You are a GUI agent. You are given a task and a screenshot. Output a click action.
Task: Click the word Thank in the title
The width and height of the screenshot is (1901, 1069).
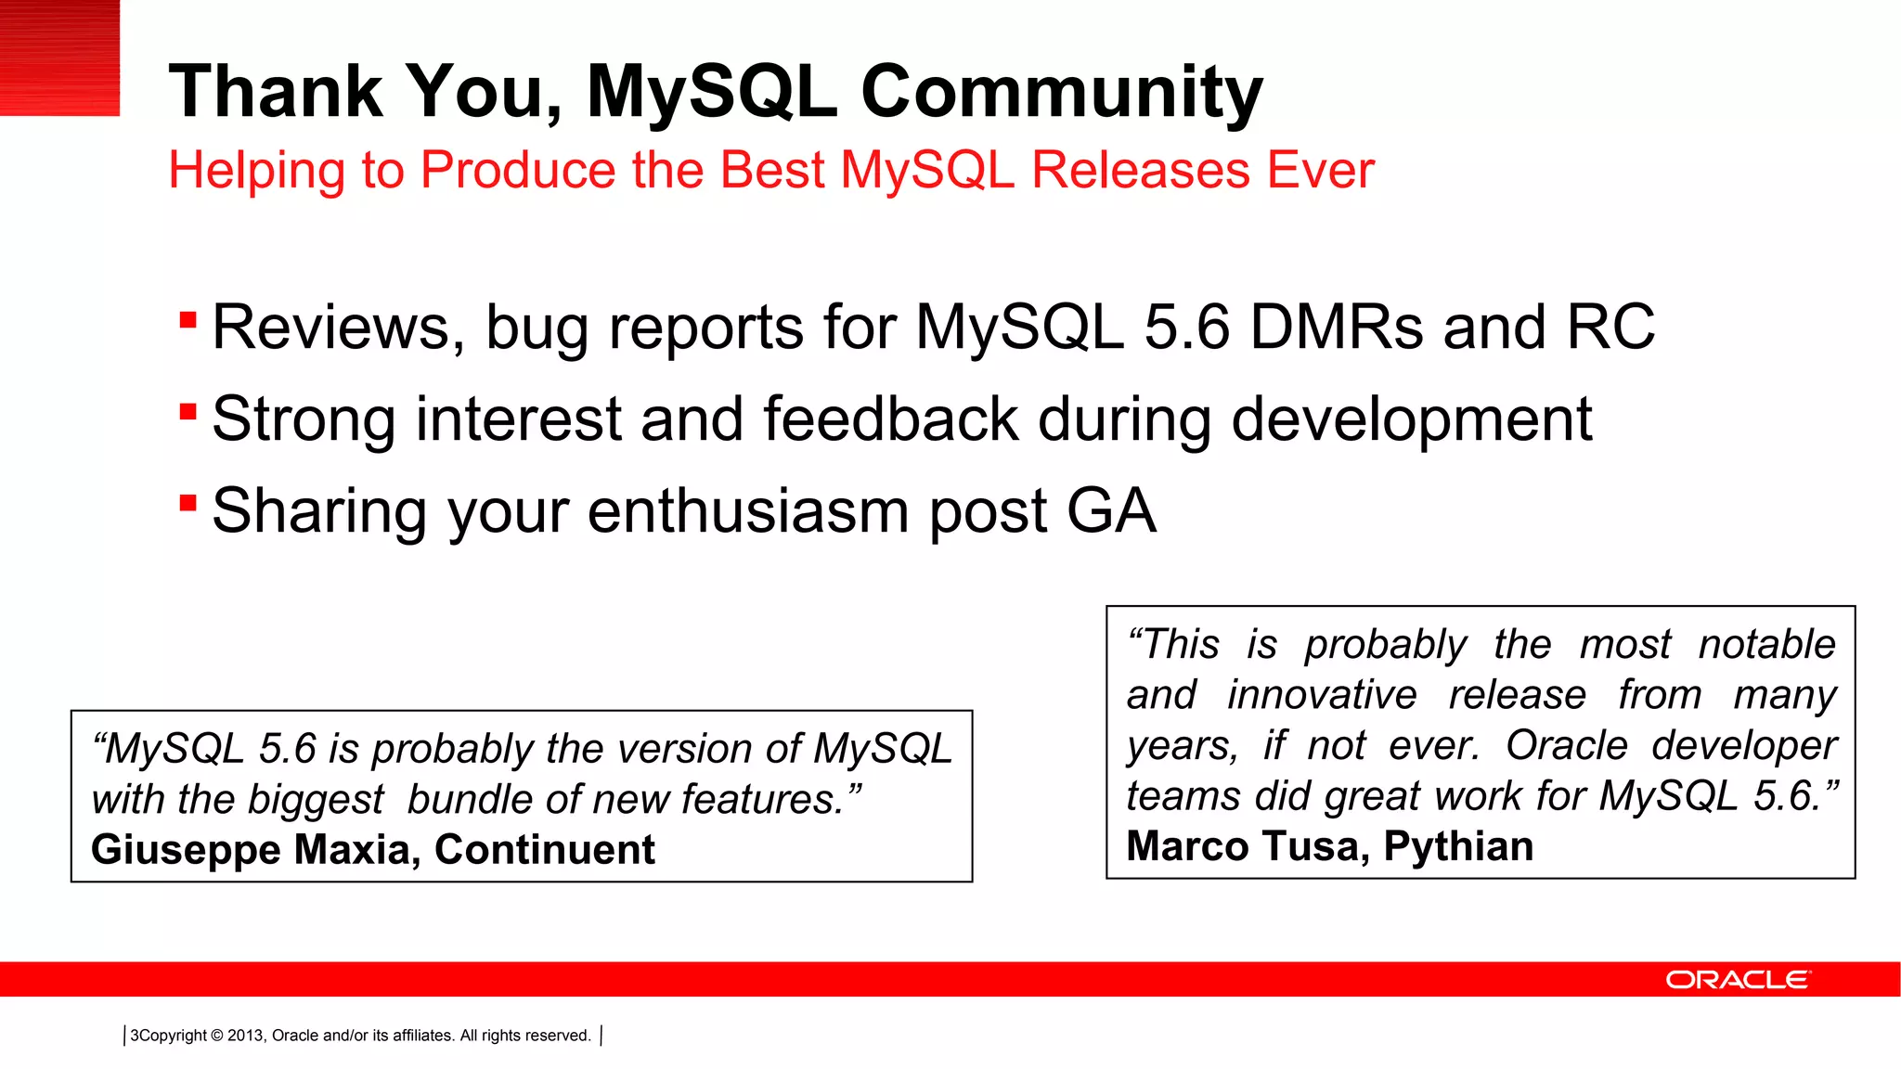[x=276, y=91]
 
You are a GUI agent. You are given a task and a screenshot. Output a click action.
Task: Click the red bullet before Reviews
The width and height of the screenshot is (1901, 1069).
[x=188, y=320]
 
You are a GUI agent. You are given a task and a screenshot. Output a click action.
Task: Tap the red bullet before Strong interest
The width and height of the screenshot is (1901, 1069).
[x=188, y=411]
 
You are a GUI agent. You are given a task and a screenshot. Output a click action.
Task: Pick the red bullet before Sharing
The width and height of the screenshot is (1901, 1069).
[x=188, y=503]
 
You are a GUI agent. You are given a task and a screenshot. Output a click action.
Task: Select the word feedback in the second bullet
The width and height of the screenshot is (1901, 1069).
[x=890, y=419]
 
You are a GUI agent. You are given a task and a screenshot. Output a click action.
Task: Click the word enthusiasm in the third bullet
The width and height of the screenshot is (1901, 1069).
[x=748, y=511]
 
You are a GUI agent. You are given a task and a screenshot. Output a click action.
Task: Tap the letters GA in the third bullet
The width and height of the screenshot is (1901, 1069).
[x=1110, y=511]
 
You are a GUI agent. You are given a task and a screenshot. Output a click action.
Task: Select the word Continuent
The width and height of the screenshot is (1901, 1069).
[x=544, y=850]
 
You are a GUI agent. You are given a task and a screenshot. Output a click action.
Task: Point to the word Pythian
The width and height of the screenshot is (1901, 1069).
[x=1458, y=846]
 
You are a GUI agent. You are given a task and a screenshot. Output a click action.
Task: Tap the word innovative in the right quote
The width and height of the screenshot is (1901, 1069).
[x=1322, y=695]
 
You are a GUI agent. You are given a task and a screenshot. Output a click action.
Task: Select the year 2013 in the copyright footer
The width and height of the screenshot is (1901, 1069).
[x=245, y=1036]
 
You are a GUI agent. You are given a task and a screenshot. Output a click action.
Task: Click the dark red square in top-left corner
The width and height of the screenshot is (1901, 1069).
[x=59, y=58]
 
